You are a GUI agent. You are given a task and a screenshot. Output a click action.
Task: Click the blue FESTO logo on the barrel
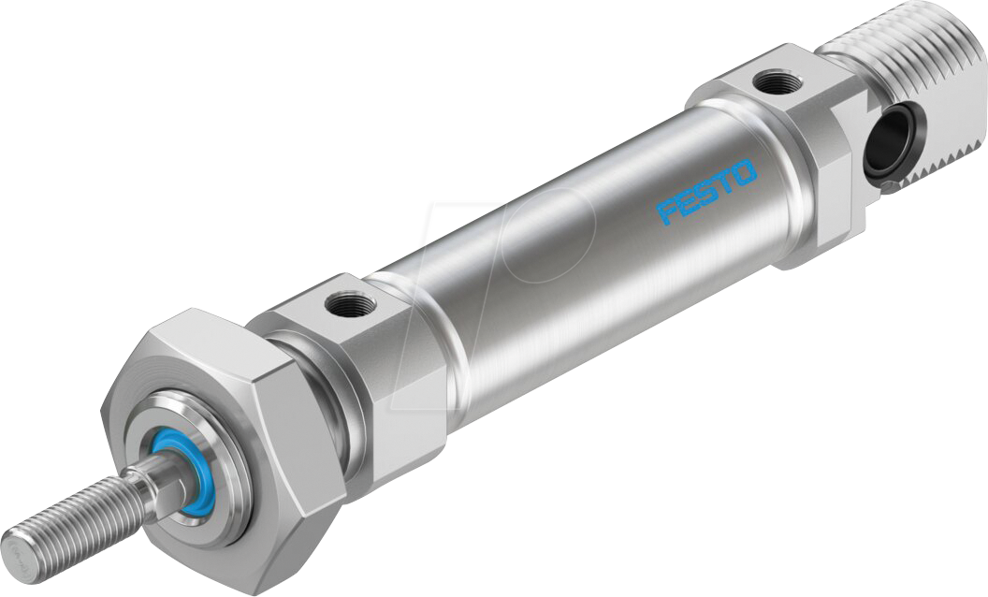[707, 191]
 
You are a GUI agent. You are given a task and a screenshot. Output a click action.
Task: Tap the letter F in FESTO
[670, 211]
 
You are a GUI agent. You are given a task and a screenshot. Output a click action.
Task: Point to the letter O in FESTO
[744, 170]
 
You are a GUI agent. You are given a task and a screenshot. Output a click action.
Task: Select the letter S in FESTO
[708, 191]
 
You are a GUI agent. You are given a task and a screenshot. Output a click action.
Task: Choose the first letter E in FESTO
[690, 201]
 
